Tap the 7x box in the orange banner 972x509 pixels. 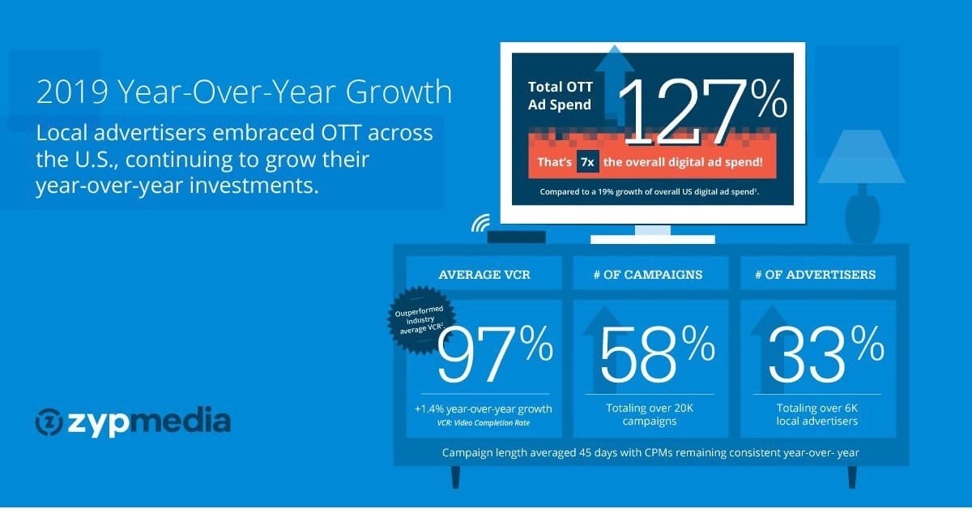pos(587,162)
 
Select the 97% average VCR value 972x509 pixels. pos(495,354)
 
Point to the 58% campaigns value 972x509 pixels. pos(657,354)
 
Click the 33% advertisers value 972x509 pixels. pos(825,354)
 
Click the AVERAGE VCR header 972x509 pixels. pos(484,275)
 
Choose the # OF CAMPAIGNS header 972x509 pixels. pos(648,275)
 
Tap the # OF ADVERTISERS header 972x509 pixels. pos(816,275)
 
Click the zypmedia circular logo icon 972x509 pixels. pos(49,421)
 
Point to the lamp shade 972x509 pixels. pos(861,156)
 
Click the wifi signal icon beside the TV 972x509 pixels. pos(481,223)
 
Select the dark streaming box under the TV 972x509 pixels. pos(517,237)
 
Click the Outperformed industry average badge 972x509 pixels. pos(420,319)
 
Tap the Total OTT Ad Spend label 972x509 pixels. pos(561,96)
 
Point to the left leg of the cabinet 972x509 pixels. pos(455,477)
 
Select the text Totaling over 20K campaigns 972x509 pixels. pos(650,415)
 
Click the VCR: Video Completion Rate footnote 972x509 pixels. pos(484,423)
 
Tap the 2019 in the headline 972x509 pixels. pos(72,92)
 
